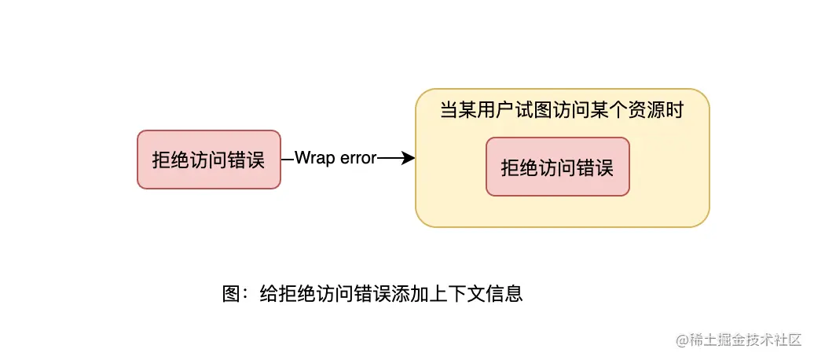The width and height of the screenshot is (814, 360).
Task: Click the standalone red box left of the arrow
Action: click(209, 160)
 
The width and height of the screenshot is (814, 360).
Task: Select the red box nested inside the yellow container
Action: click(558, 167)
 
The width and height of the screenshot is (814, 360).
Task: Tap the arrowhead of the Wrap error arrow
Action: click(409, 159)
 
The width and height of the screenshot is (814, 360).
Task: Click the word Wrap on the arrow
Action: click(315, 159)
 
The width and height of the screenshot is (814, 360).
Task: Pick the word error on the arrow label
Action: click(358, 159)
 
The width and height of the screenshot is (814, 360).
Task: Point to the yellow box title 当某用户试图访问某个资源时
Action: click(561, 111)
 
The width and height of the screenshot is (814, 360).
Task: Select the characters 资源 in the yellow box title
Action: click(647, 111)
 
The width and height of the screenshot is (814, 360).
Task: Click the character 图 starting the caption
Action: click(231, 294)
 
